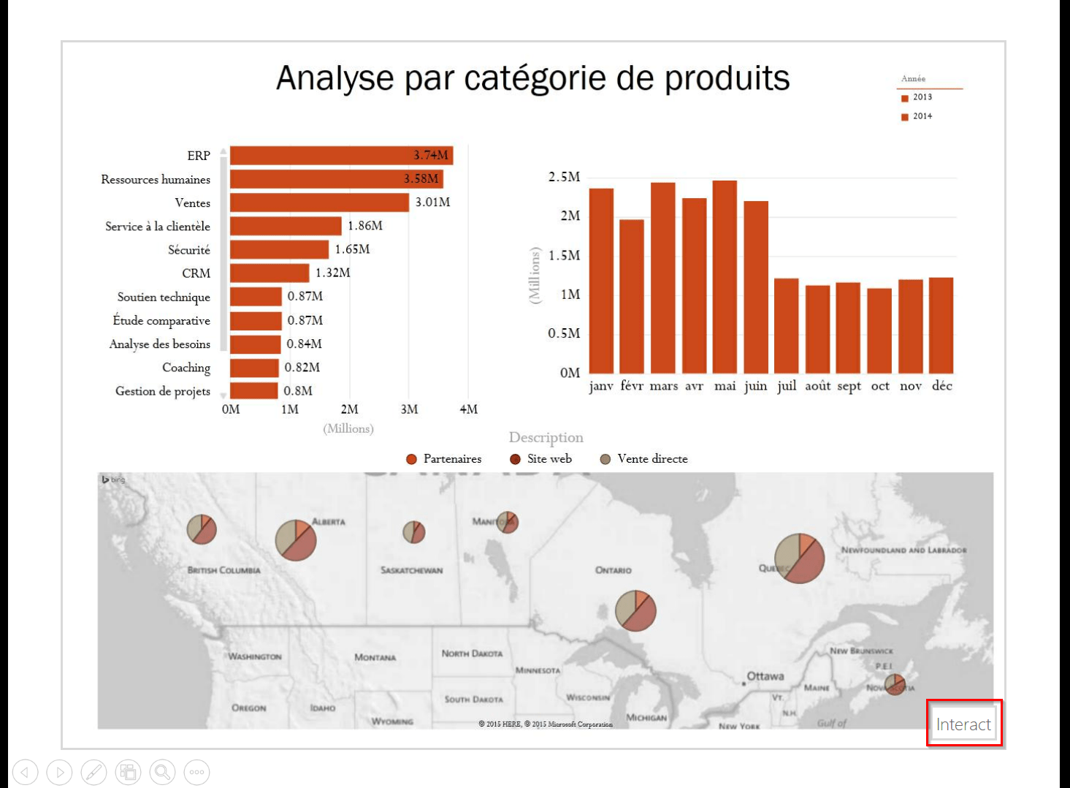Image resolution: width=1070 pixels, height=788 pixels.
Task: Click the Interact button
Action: click(x=963, y=724)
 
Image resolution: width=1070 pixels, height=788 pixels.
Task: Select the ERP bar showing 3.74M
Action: click(x=341, y=156)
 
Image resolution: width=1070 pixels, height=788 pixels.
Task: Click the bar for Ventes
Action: click(x=319, y=202)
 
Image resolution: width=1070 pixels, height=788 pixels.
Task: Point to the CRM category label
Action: click(x=196, y=273)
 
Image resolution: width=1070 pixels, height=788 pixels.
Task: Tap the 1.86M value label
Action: click(x=365, y=226)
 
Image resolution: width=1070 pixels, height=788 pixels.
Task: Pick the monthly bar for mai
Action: click(x=725, y=278)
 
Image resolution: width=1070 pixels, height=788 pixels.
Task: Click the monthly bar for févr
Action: click(x=632, y=296)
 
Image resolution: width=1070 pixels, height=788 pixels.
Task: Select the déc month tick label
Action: click(x=941, y=385)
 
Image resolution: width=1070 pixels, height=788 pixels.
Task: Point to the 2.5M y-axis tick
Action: click(x=564, y=177)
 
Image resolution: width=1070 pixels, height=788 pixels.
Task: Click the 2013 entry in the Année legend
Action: click(x=922, y=97)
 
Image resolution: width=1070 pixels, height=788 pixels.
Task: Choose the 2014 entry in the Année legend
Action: click(x=922, y=116)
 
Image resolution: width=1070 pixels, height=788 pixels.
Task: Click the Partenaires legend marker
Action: click(x=411, y=459)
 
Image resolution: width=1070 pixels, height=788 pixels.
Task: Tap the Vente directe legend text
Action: click(x=652, y=459)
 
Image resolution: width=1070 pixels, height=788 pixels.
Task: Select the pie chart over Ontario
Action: click(x=635, y=610)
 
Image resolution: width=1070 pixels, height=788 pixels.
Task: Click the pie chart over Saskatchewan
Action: click(x=414, y=531)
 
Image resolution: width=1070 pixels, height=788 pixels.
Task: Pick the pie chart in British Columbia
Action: click(x=202, y=529)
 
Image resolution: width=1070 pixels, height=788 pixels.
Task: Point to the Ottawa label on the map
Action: click(x=765, y=676)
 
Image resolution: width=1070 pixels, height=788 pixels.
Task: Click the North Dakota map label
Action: click(x=472, y=653)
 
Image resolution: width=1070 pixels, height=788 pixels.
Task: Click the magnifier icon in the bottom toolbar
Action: click(x=162, y=772)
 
